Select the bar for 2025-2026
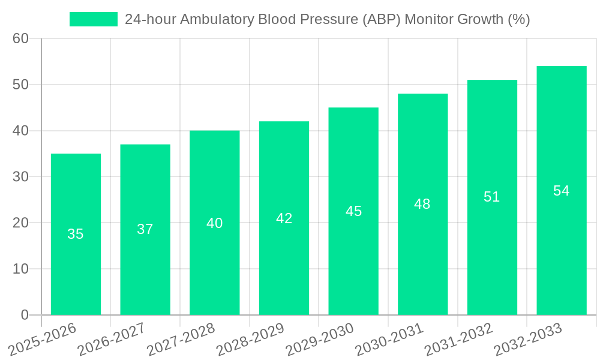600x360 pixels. [76, 234]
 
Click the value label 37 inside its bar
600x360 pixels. [145, 229]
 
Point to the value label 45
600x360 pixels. [353, 211]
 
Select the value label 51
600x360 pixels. [492, 197]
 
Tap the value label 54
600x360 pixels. [561, 191]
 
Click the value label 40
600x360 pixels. [215, 223]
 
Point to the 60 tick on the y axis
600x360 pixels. [21, 38]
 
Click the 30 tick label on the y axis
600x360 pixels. [21, 177]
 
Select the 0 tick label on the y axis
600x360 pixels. [25, 315]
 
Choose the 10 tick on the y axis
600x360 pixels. [21, 269]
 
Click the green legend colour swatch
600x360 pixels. [94, 19]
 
